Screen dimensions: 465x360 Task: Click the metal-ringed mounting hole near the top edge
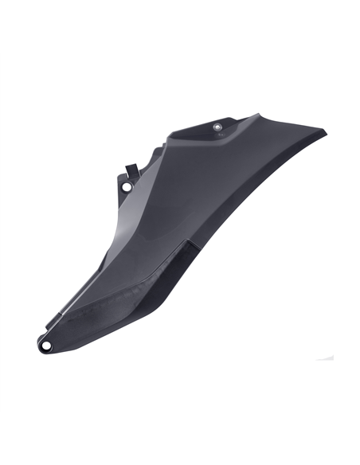tap(218, 125)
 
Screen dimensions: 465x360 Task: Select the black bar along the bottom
tap(180, 439)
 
